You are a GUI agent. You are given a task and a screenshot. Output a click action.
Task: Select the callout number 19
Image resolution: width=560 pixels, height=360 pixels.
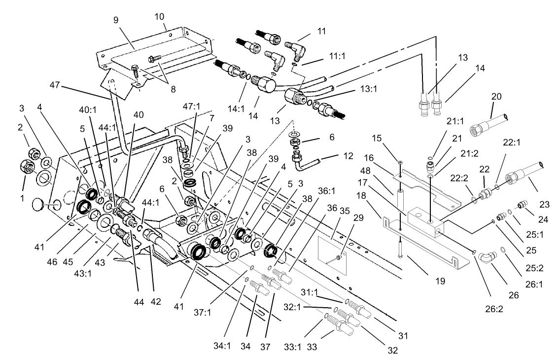pyautogui.click(x=440, y=282)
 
